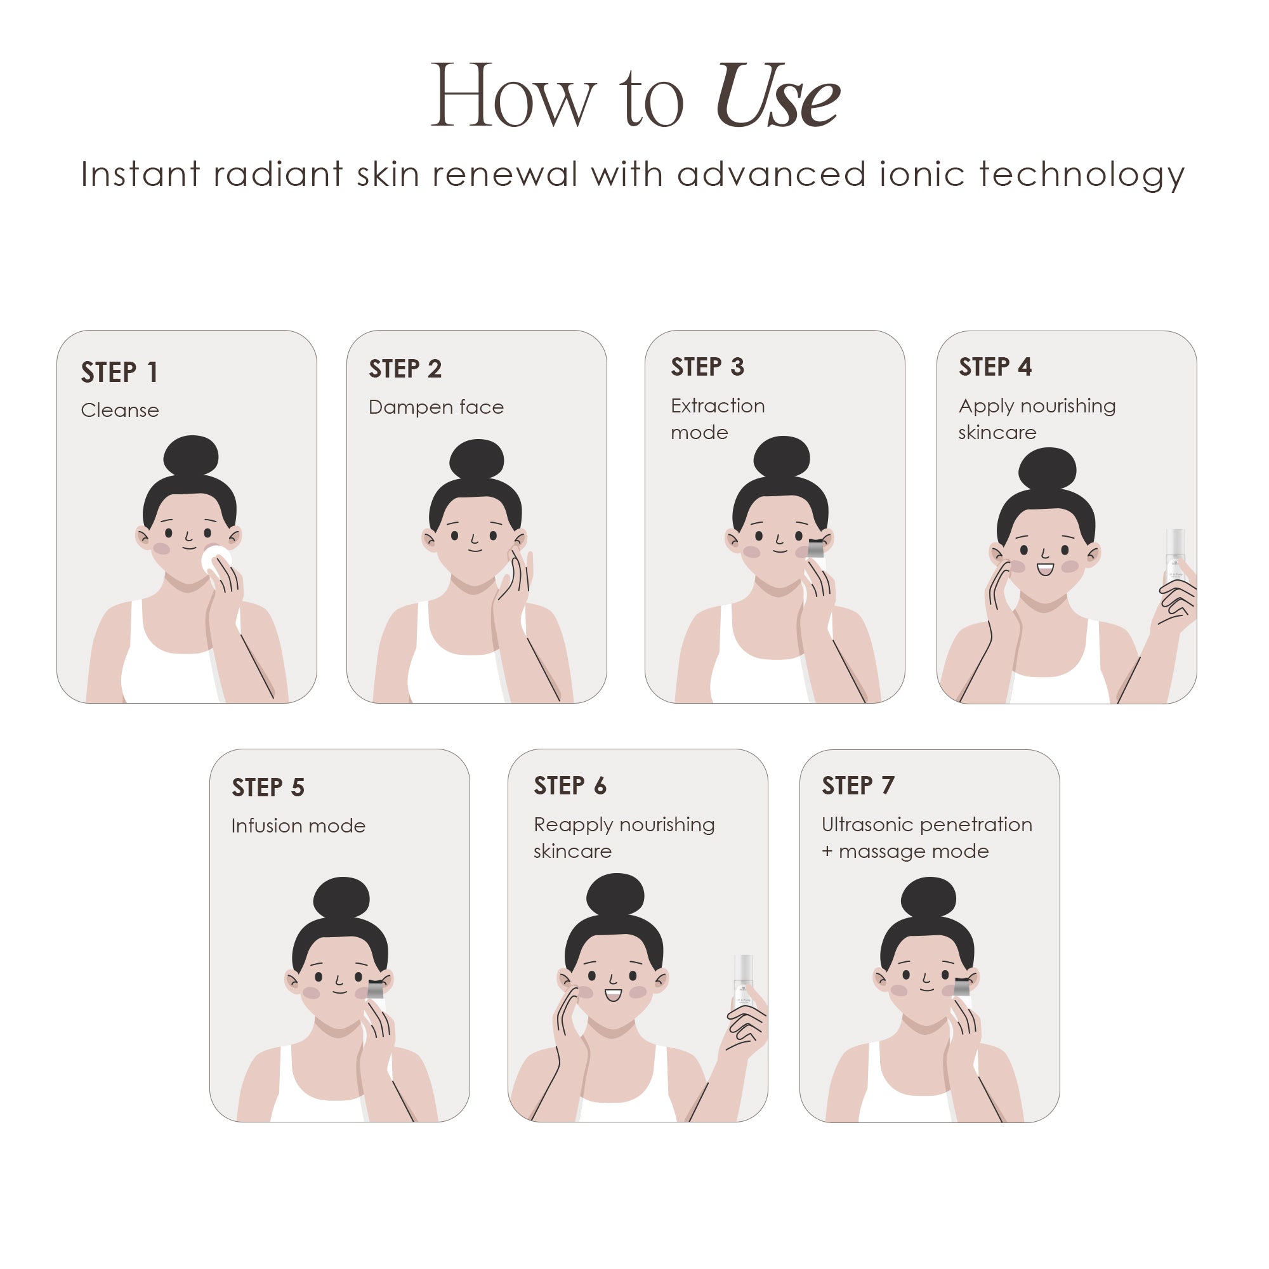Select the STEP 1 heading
(119, 372)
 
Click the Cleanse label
(119, 411)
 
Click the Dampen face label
(436, 407)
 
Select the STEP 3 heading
(707, 367)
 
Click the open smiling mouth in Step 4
(1045, 569)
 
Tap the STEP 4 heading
(995, 367)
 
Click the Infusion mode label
(298, 825)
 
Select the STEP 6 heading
(570, 786)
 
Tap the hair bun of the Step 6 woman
(615, 895)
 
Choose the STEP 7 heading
(858, 786)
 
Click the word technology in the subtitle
(1082, 174)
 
